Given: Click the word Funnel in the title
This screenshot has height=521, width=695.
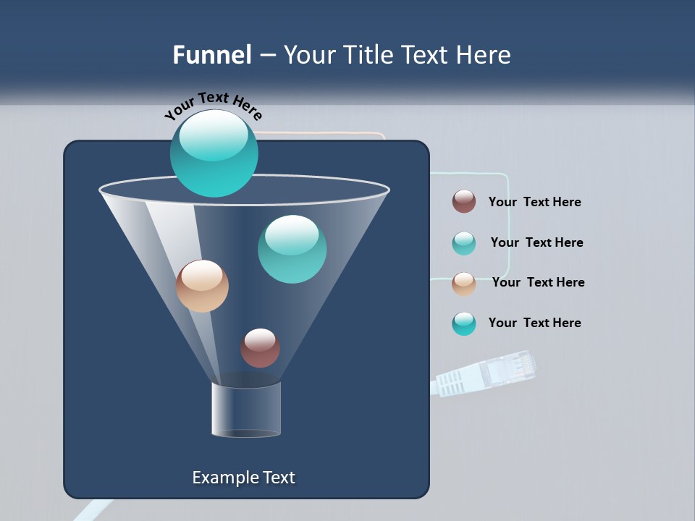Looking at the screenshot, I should [x=211, y=55].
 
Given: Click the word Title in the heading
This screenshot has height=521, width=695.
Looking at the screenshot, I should [x=368, y=55].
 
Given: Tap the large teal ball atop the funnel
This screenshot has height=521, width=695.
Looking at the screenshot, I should [x=214, y=153].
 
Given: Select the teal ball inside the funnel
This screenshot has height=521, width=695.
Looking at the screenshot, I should [x=292, y=249].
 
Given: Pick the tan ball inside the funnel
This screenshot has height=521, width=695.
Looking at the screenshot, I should [x=202, y=286].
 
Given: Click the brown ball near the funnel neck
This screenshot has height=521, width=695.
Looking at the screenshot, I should [x=260, y=347].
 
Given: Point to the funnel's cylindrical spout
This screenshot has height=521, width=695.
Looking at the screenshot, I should [x=245, y=410].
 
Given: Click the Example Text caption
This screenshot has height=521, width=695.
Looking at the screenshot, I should [x=243, y=478].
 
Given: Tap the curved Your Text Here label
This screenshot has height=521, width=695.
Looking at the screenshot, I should [x=213, y=106].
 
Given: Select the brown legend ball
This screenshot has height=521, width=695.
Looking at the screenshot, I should [x=464, y=201].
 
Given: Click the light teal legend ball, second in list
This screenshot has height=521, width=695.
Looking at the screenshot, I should [x=464, y=243].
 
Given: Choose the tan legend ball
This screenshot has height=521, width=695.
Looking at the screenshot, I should [x=464, y=284].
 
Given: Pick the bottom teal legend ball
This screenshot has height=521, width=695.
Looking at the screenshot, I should [x=464, y=323].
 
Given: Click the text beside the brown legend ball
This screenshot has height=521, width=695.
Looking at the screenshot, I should [x=534, y=202].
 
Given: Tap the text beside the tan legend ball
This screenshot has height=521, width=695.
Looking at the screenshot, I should [x=538, y=282].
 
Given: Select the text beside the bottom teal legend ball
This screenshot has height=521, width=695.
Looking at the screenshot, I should [x=534, y=323].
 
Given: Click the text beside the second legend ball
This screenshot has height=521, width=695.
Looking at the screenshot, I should [x=536, y=242].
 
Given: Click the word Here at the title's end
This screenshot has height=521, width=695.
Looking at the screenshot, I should [x=484, y=55].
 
